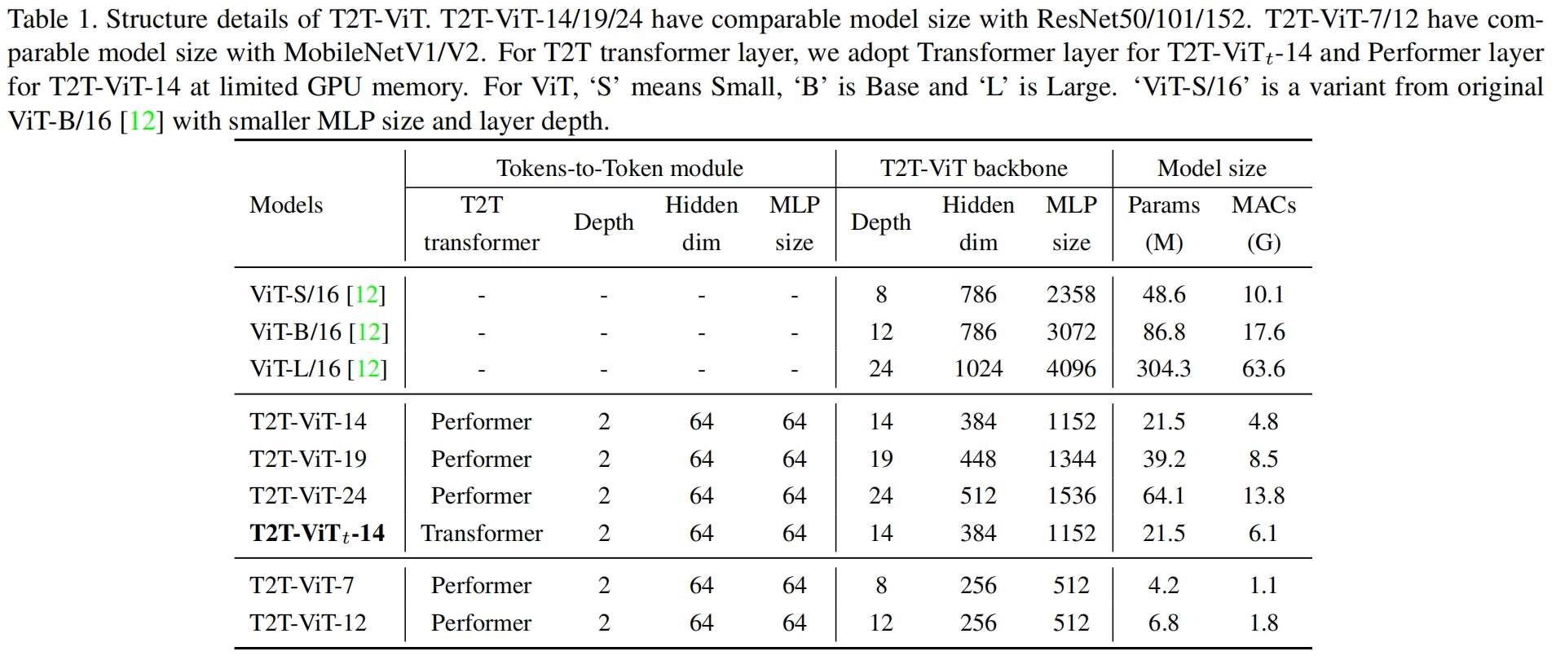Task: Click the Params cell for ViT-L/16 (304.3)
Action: pyautogui.click(x=1163, y=368)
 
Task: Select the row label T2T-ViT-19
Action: pyautogui.click(x=308, y=459)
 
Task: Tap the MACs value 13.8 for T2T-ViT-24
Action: pyautogui.click(x=1263, y=495)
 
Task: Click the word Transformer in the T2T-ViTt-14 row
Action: pyautogui.click(x=482, y=533)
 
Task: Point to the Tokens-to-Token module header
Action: pyautogui.click(x=619, y=168)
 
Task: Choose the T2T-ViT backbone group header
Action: pyautogui.click(x=973, y=168)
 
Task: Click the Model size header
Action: pyautogui.click(x=1211, y=168)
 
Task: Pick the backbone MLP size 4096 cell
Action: pyautogui.click(x=1071, y=368)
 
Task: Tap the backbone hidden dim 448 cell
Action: pyautogui.click(x=978, y=459)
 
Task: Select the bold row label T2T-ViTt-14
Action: pyautogui.click(x=317, y=533)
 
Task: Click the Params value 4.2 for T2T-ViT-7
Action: pyautogui.click(x=1163, y=585)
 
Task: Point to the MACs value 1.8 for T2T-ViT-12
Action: pyautogui.click(x=1263, y=623)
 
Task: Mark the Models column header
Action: pyautogui.click(x=286, y=205)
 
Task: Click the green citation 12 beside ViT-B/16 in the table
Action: pyautogui.click(x=368, y=332)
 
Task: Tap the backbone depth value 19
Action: pyautogui.click(x=881, y=459)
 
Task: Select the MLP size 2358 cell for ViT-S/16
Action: pyautogui.click(x=1071, y=294)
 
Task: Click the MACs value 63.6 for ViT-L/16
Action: pyautogui.click(x=1263, y=368)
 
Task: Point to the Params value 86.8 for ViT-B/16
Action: pyautogui.click(x=1163, y=332)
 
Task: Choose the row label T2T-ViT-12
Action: pyautogui.click(x=308, y=623)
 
